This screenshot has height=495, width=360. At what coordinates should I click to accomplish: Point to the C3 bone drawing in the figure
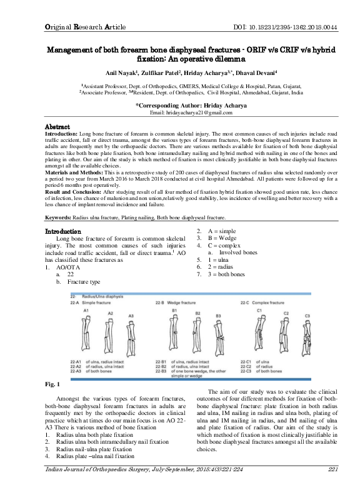pyautogui.click(x=307, y=334)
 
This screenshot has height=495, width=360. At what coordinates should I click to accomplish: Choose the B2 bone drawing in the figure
pyautogui.click(x=197, y=334)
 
